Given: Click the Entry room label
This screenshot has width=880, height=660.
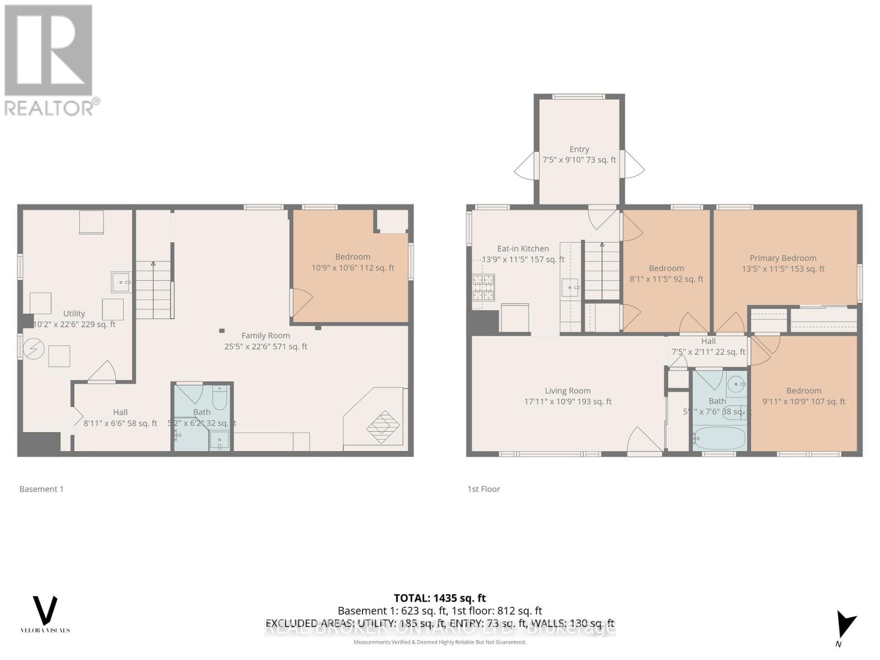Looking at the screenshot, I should pos(579,149).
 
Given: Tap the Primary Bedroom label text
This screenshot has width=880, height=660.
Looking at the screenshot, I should pos(783,258).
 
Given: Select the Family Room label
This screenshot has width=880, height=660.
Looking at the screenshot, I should pos(265,335).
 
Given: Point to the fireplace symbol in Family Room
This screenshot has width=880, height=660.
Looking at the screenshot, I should pos(383,426).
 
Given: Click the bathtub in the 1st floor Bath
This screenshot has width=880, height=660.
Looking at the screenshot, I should pos(718,439).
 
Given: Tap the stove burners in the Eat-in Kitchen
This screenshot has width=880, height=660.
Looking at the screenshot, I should pos(483,288).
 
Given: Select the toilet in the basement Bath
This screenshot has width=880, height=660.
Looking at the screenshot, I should pos(219,398).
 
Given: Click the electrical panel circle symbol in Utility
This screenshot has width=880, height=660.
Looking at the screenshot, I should pos(34,348).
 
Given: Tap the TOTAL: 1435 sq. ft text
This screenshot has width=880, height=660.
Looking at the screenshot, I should pos(439,598).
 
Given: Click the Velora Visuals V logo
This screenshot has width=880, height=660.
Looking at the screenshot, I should pos(45,610).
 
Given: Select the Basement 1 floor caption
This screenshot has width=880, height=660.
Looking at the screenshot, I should pos(41,489).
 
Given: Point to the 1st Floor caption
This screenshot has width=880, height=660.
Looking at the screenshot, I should pos(483,489).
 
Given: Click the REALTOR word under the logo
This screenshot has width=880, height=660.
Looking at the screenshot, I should pos(48,108).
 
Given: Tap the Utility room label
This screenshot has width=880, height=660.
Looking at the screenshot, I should pos(74,313).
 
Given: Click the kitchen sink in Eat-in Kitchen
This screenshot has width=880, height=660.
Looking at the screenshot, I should pos(570,288).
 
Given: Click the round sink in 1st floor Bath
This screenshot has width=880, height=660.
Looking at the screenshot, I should pos(735,383).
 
